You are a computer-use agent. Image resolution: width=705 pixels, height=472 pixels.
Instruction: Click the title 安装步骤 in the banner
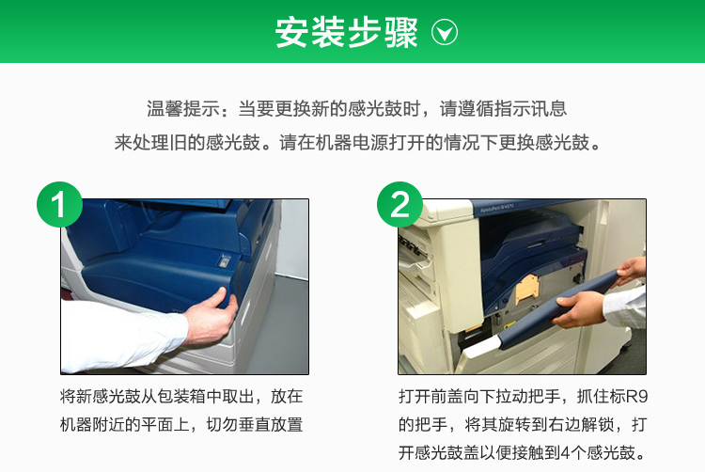[x=346, y=32]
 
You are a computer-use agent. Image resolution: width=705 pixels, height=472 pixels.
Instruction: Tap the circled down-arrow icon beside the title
[x=445, y=32]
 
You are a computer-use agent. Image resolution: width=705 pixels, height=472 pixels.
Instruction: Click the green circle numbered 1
[x=59, y=205]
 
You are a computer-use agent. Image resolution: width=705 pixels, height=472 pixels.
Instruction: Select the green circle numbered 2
[x=399, y=205]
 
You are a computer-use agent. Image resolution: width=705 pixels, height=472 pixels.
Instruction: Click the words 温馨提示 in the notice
[x=183, y=109]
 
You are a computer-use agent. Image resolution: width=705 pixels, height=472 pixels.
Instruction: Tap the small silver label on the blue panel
[x=225, y=260]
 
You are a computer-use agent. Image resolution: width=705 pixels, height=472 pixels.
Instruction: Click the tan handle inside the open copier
[x=527, y=288]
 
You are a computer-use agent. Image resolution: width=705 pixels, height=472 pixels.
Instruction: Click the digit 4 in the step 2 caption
[x=565, y=452]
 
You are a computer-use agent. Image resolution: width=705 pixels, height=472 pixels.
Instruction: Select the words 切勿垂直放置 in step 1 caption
[x=255, y=424]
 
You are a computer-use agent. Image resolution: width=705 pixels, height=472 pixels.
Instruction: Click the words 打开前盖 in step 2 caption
[x=431, y=397]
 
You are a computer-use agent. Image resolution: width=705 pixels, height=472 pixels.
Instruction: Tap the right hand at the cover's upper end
[x=632, y=271]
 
